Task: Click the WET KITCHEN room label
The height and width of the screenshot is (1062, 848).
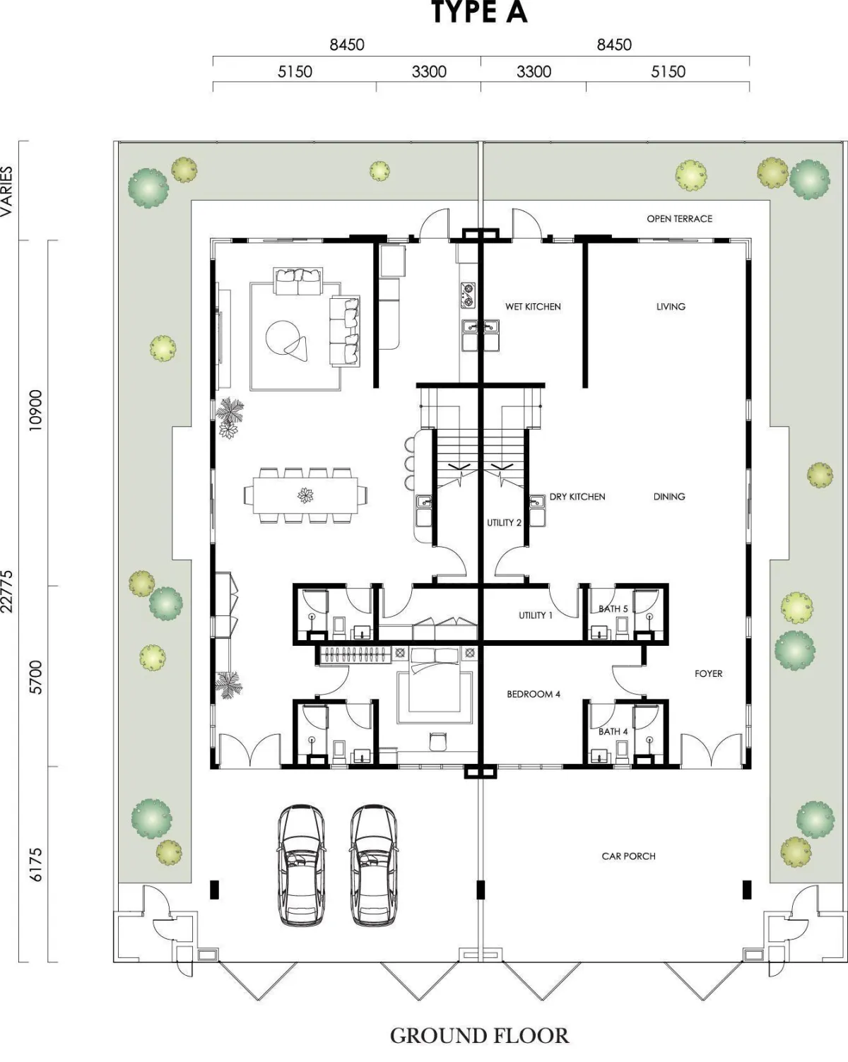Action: point(533,307)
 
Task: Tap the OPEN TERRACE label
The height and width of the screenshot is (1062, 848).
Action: point(679,218)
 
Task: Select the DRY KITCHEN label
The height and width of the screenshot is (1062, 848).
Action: point(577,497)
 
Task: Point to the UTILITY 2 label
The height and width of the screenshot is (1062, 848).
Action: point(504,523)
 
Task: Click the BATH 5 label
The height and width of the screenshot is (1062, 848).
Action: point(613,609)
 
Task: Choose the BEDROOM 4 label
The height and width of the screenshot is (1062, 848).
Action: point(534,694)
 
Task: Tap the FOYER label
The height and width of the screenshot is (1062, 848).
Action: point(708,673)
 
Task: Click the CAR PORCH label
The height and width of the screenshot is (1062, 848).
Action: point(628,856)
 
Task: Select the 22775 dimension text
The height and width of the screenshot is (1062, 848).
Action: point(7,591)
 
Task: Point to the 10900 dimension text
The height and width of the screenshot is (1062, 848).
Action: point(35,411)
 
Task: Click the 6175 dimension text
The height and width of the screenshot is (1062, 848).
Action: point(35,865)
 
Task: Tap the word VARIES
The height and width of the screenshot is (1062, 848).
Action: point(6,191)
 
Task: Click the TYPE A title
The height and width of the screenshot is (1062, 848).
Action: point(479,12)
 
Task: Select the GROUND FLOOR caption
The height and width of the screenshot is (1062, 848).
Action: point(479,1036)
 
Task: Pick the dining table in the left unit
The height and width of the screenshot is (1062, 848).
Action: point(305,495)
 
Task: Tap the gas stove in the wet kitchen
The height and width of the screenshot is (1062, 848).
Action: point(468,295)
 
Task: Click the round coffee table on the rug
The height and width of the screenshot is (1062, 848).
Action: point(283,338)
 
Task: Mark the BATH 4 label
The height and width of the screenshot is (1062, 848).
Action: point(613,731)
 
